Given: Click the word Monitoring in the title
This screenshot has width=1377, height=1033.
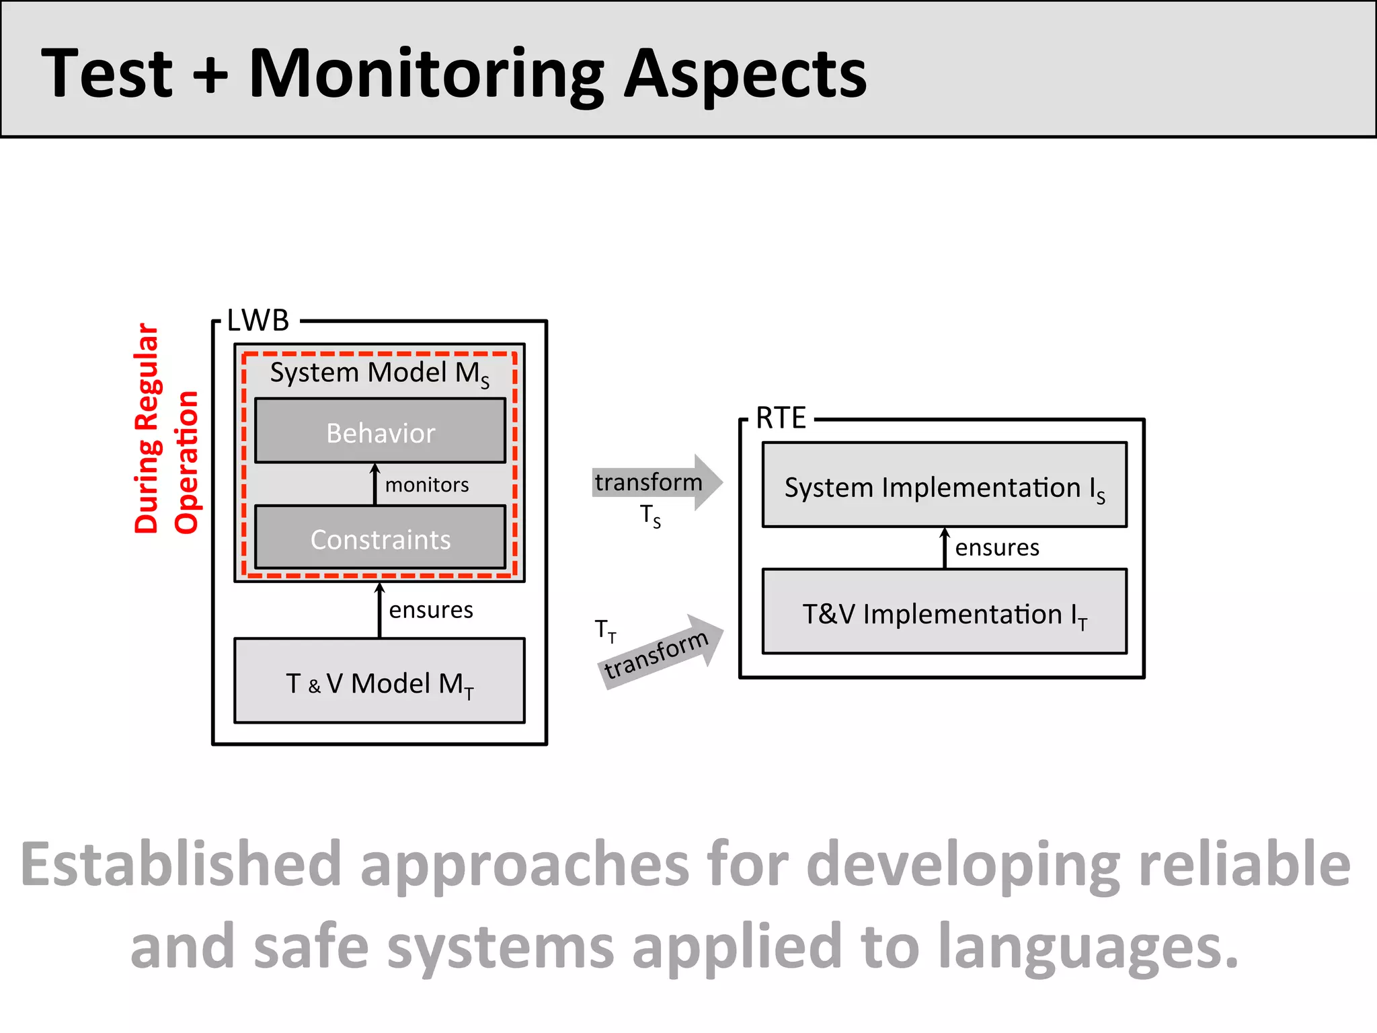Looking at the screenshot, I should pyautogui.click(x=427, y=74).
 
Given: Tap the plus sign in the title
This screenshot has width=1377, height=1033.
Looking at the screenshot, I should pyautogui.click(x=210, y=74).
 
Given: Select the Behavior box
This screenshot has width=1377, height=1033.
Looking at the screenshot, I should pyautogui.click(x=381, y=432).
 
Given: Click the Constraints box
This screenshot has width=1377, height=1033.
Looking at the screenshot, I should pyautogui.click(x=381, y=539).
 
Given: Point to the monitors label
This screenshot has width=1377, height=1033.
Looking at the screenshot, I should pyautogui.click(x=427, y=484).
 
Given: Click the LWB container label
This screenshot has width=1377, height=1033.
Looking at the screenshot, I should pyautogui.click(x=258, y=321).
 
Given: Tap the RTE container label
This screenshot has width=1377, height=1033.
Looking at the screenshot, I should pyautogui.click(x=781, y=418).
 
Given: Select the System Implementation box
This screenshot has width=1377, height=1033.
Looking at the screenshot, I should pyautogui.click(x=944, y=486).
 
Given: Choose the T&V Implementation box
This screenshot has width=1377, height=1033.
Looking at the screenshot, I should pyautogui.click(x=944, y=613).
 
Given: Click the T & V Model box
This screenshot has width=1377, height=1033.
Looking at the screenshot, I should pyautogui.click(x=380, y=682).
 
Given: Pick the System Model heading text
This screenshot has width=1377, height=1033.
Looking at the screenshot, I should pyautogui.click(x=379, y=373).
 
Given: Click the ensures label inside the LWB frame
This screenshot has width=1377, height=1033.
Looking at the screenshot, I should pyautogui.click(x=431, y=609).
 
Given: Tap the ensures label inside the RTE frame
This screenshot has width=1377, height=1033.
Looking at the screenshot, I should pyautogui.click(x=997, y=547).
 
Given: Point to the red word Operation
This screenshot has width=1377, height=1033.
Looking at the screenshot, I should pyautogui.click(x=186, y=462).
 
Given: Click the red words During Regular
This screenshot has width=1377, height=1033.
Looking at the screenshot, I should pyautogui.click(x=146, y=428).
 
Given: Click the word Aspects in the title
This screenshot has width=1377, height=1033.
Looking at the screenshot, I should pyautogui.click(x=745, y=74).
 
